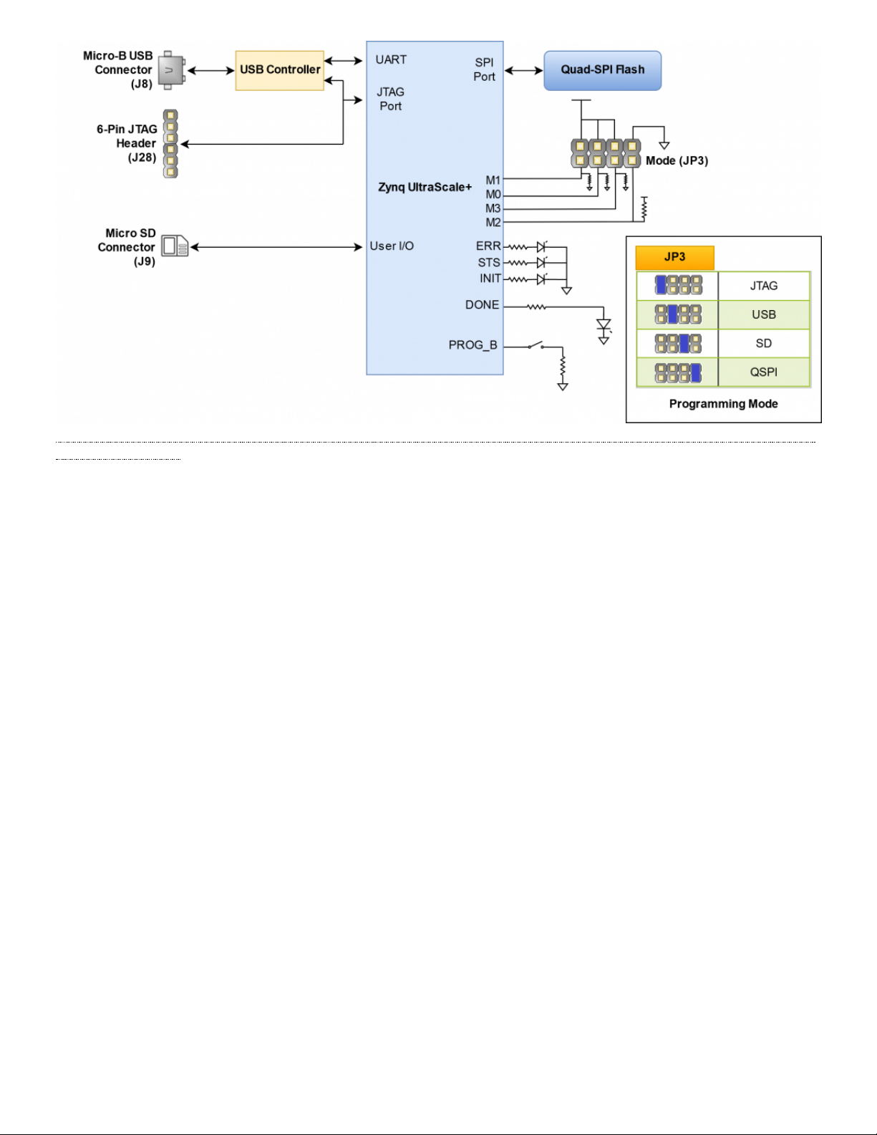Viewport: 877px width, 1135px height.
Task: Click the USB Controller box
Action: tap(280, 70)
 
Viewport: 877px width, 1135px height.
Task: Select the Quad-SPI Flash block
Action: tap(602, 70)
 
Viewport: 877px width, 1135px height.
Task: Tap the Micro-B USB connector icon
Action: tap(172, 70)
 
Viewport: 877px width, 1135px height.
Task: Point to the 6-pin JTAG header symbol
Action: tap(170, 144)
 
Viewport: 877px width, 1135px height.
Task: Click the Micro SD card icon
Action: tap(175, 246)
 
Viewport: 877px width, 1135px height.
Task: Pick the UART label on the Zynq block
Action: tap(391, 59)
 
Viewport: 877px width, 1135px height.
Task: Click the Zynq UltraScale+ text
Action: tap(425, 187)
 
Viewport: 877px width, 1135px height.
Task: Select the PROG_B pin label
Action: tap(473, 345)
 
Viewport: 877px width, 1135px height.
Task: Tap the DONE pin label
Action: tap(482, 304)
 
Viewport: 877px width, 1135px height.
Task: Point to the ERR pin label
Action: tap(488, 246)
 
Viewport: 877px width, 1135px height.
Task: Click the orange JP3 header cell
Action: tap(674, 258)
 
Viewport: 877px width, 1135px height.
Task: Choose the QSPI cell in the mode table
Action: tap(764, 372)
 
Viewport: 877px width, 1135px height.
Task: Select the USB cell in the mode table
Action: tap(764, 314)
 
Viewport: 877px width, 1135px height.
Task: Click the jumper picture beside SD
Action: tap(678, 344)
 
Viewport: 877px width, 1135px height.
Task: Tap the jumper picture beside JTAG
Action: tap(678, 285)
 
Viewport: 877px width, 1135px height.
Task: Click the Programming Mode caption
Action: tap(724, 404)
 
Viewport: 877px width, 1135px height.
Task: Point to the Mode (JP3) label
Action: tap(677, 160)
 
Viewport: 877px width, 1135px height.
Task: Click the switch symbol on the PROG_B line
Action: tap(535, 345)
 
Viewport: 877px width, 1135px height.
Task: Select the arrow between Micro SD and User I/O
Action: tap(276, 247)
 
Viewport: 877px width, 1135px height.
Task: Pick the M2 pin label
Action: tap(493, 223)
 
